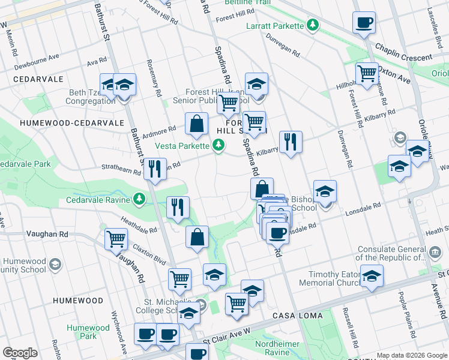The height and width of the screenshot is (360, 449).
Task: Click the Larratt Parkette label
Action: (276, 26)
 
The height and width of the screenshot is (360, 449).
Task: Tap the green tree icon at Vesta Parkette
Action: (219, 145)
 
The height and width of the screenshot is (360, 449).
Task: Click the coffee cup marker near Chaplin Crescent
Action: (363, 23)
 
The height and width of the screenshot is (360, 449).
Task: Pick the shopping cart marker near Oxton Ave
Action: (366, 73)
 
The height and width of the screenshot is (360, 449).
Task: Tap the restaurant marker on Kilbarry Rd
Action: (290, 142)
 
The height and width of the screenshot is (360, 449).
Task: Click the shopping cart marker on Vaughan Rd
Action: (116, 239)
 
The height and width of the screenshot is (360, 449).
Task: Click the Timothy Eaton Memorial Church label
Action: (333, 278)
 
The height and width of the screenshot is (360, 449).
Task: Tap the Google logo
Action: (20, 353)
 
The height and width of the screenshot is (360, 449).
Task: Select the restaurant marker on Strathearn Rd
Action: (155, 169)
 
